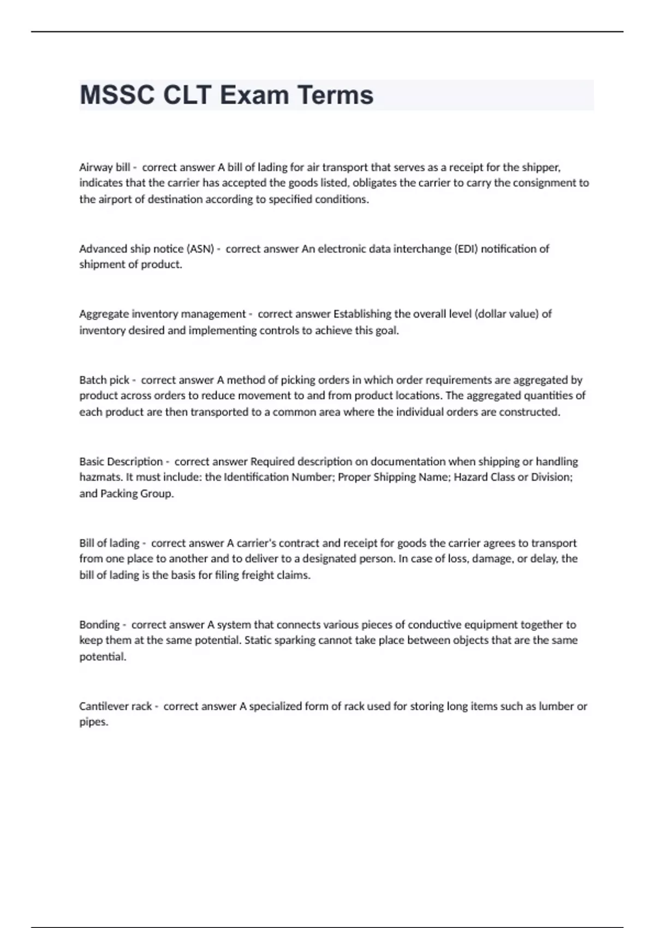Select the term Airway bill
105,167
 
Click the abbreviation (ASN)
200,249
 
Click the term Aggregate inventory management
162,314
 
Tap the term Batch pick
104,379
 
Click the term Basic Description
121,461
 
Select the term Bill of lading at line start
109,543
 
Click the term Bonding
99,624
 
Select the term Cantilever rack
116,706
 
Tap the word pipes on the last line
93,722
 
